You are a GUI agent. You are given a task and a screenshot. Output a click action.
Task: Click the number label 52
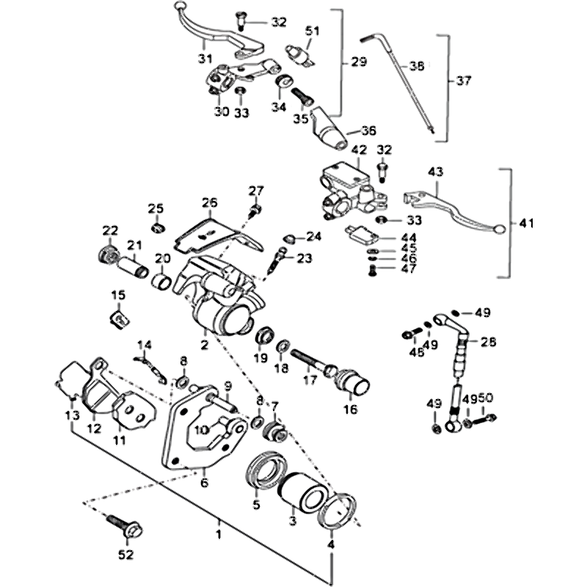(126, 554)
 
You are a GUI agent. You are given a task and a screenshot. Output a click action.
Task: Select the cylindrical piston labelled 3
(302, 491)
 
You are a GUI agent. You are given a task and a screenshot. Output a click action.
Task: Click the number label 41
(521, 223)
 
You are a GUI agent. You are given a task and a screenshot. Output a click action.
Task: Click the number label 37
(462, 80)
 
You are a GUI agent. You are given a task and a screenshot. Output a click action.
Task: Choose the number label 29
(359, 62)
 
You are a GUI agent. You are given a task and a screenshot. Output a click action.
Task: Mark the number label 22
(110, 230)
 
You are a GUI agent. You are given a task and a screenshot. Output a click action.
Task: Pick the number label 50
(486, 398)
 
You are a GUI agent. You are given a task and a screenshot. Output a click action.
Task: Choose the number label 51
(313, 31)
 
